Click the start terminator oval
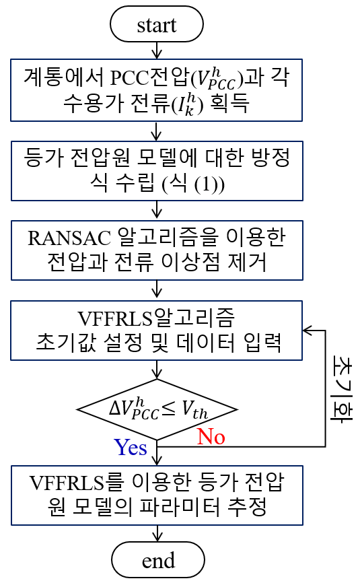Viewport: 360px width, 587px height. tap(156, 24)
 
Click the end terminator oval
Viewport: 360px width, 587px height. tap(158, 559)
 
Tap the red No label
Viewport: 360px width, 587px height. tap(211, 437)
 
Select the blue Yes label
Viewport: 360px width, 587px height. tap(131, 448)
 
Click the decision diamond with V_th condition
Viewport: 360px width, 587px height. tap(157, 409)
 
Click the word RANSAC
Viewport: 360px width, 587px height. tap(69, 238)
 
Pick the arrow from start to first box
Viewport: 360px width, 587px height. tap(157, 50)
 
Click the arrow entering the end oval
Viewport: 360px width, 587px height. tap(157, 533)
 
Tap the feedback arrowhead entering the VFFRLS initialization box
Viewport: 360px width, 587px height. tap(307, 330)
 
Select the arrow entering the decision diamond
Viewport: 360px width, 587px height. tap(157, 370)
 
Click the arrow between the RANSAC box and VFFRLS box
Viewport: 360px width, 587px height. tap(157, 290)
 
